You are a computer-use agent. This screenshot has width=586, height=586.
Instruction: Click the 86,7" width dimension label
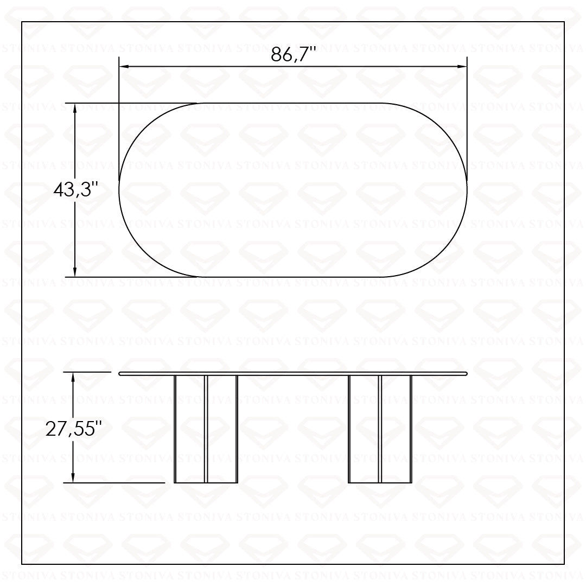click(294, 55)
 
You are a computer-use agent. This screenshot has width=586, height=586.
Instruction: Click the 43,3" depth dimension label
click(75, 190)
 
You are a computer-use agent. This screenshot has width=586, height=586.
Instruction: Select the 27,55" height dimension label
click(74, 429)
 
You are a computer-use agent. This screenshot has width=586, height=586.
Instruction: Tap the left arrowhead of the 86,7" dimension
click(124, 67)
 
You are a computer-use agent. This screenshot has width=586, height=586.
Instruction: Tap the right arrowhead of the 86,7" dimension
click(462, 67)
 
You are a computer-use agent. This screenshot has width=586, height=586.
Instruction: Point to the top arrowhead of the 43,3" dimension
click(75, 108)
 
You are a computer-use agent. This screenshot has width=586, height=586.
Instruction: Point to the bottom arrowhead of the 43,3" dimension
click(75, 272)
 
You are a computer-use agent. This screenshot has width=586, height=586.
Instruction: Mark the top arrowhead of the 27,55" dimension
click(73, 377)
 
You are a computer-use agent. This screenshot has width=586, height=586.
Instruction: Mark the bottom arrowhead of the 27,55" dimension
click(73, 477)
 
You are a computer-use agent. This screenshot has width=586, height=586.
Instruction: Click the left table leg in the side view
click(206, 429)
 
